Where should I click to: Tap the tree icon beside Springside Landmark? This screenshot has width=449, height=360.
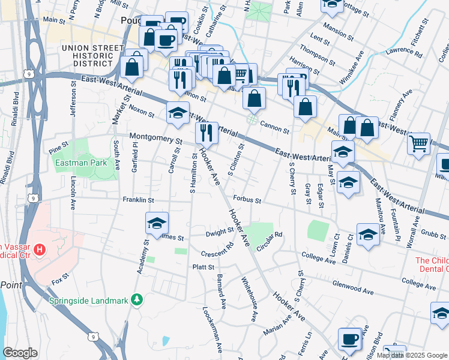coord(137,298)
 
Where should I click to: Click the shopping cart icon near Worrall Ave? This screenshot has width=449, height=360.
coord(418,143)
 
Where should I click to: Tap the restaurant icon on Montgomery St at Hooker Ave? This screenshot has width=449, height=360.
coord(206,132)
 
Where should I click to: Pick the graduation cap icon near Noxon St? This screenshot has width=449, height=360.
coord(178,112)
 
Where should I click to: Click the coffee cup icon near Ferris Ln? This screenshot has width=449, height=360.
coord(349,339)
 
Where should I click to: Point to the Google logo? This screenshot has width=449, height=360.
coord(20,352)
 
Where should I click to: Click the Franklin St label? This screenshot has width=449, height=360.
coord(139,200)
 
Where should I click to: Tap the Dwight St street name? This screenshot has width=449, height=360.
coord(219,232)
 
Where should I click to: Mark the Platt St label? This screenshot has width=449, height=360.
coord(203,267)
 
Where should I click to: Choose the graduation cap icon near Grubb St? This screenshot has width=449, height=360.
coord(368,234)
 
